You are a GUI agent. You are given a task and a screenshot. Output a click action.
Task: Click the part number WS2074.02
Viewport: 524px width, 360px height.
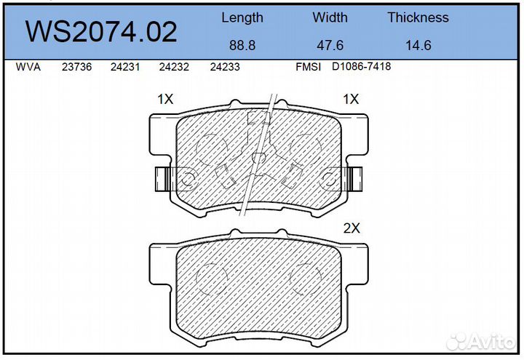tap(101, 32)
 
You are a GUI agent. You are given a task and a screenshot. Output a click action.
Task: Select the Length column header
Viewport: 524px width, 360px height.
tap(242, 17)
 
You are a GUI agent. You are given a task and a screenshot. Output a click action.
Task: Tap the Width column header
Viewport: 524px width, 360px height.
tap(330, 17)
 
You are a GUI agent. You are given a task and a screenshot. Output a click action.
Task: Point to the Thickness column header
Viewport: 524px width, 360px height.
tap(418, 17)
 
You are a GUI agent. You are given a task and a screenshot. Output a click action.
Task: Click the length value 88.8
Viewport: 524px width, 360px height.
tap(242, 45)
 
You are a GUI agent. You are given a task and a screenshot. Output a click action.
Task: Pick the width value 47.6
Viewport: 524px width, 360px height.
tap(330, 45)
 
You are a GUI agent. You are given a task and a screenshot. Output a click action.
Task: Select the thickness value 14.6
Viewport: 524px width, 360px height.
tap(418, 45)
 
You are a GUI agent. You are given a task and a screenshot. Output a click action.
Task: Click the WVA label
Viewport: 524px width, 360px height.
tap(28, 67)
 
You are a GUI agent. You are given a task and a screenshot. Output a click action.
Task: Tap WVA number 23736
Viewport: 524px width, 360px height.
tap(76, 67)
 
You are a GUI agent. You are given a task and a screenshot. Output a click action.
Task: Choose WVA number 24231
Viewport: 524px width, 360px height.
tap(125, 67)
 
